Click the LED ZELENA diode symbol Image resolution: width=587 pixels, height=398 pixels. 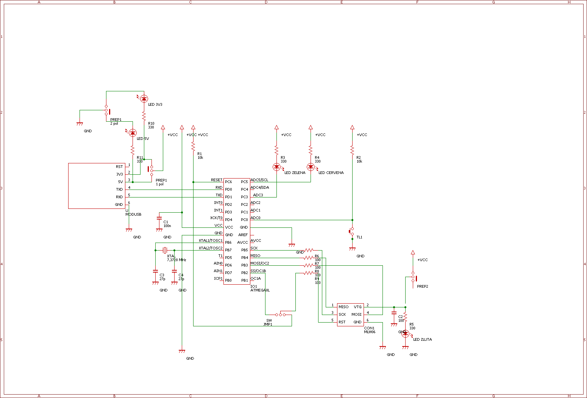tap(276, 166)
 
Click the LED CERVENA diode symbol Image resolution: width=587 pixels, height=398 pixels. tap(311, 166)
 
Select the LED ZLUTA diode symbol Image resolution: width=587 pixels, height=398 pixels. tap(405, 334)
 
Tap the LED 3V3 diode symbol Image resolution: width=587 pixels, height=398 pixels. tap(144, 99)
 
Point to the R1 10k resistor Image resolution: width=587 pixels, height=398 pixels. tap(193, 146)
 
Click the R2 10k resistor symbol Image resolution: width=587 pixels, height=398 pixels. tap(352, 150)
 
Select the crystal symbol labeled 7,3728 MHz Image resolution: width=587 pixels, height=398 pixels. tap(165, 250)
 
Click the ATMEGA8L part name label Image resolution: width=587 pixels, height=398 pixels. tap(260, 290)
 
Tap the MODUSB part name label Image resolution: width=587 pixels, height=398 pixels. tap(133, 215)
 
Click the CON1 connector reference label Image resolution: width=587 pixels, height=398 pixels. tap(369, 328)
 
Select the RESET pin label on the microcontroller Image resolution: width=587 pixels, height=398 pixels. tap(217, 180)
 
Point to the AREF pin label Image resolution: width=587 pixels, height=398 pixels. tap(243, 235)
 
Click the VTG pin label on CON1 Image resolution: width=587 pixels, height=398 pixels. tap(358, 307)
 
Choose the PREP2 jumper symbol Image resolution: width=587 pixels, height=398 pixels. tap(413, 277)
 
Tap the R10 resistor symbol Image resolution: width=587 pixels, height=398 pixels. tap(144, 116)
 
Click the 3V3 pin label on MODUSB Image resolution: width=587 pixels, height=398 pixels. tap(119, 174)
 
